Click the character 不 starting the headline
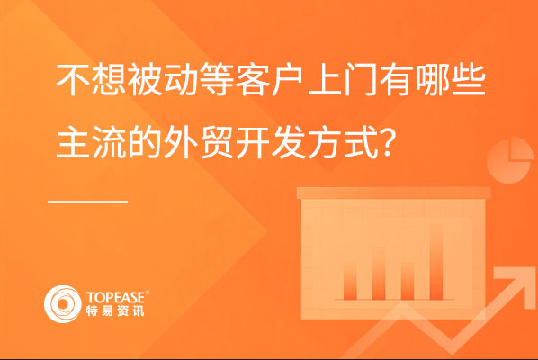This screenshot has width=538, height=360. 72,80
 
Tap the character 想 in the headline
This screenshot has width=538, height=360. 109,80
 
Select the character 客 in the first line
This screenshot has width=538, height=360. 252,80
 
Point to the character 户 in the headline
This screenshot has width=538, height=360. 288,80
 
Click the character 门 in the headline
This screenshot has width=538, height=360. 360,80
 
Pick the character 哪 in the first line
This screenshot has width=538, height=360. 433,80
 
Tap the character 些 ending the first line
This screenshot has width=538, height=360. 468,80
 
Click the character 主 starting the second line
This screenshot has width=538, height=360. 73,141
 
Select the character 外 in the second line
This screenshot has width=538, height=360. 180,141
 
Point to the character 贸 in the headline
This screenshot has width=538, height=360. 217,141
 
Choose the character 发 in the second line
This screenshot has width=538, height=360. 288,141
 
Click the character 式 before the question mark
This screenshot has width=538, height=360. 360,141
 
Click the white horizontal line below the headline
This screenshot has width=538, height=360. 88,202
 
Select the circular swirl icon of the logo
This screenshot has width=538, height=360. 62,304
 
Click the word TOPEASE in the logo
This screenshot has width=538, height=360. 116,297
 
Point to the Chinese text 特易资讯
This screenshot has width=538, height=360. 115,310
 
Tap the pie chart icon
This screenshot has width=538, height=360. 510,160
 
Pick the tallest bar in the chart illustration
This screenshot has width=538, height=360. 435,262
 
